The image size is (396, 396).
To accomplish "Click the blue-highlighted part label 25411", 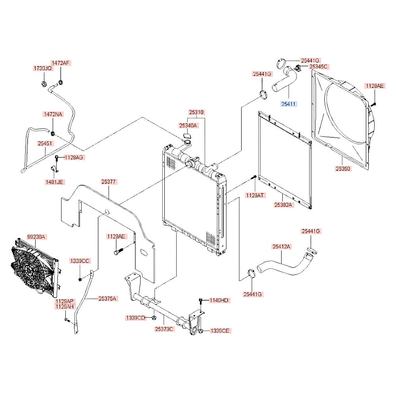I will (x=289, y=104).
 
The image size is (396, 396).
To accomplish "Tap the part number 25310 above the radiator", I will (x=196, y=112).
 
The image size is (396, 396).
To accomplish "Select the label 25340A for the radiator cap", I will (x=188, y=126).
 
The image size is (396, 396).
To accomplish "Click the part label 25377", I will (x=108, y=182).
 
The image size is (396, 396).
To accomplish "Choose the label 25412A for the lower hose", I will (x=282, y=247).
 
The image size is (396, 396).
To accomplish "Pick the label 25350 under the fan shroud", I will (x=343, y=169).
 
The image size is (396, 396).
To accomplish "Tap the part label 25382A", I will (x=284, y=205).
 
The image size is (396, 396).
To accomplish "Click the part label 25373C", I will (x=164, y=328).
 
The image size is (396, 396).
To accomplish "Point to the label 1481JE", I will (x=55, y=182).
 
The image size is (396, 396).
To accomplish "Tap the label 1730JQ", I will (x=42, y=69).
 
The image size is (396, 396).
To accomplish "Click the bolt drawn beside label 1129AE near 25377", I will (x=118, y=251).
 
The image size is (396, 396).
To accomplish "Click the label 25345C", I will (x=319, y=67).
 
